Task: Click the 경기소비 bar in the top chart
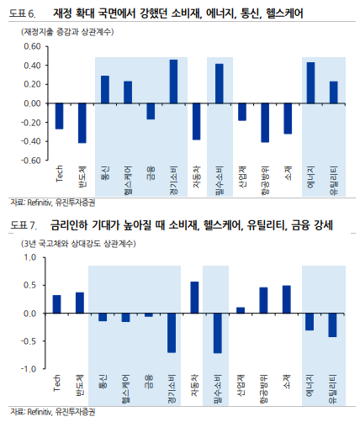click(173, 82)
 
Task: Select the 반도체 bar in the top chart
click(82, 124)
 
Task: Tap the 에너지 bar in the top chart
click(310, 83)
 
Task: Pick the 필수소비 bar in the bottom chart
click(218, 333)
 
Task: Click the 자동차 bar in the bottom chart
click(194, 298)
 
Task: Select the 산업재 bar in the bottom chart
click(241, 310)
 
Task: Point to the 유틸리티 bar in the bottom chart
click(332, 325)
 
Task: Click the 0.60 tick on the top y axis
click(32, 46)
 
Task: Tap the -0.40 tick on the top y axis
click(31, 141)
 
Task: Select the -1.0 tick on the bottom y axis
click(29, 369)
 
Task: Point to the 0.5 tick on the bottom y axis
click(30, 285)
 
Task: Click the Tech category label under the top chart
click(60, 174)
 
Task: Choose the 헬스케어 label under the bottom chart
click(125, 389)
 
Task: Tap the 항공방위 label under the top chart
click(265, 180)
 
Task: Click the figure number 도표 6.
click(23, 13)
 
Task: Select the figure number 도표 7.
click(24, 225)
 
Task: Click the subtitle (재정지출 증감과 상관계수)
click(67, 32)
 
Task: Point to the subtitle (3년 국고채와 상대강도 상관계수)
click(79, 244)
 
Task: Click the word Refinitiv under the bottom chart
click(40, 412)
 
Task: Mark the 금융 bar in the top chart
click(151, 112)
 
